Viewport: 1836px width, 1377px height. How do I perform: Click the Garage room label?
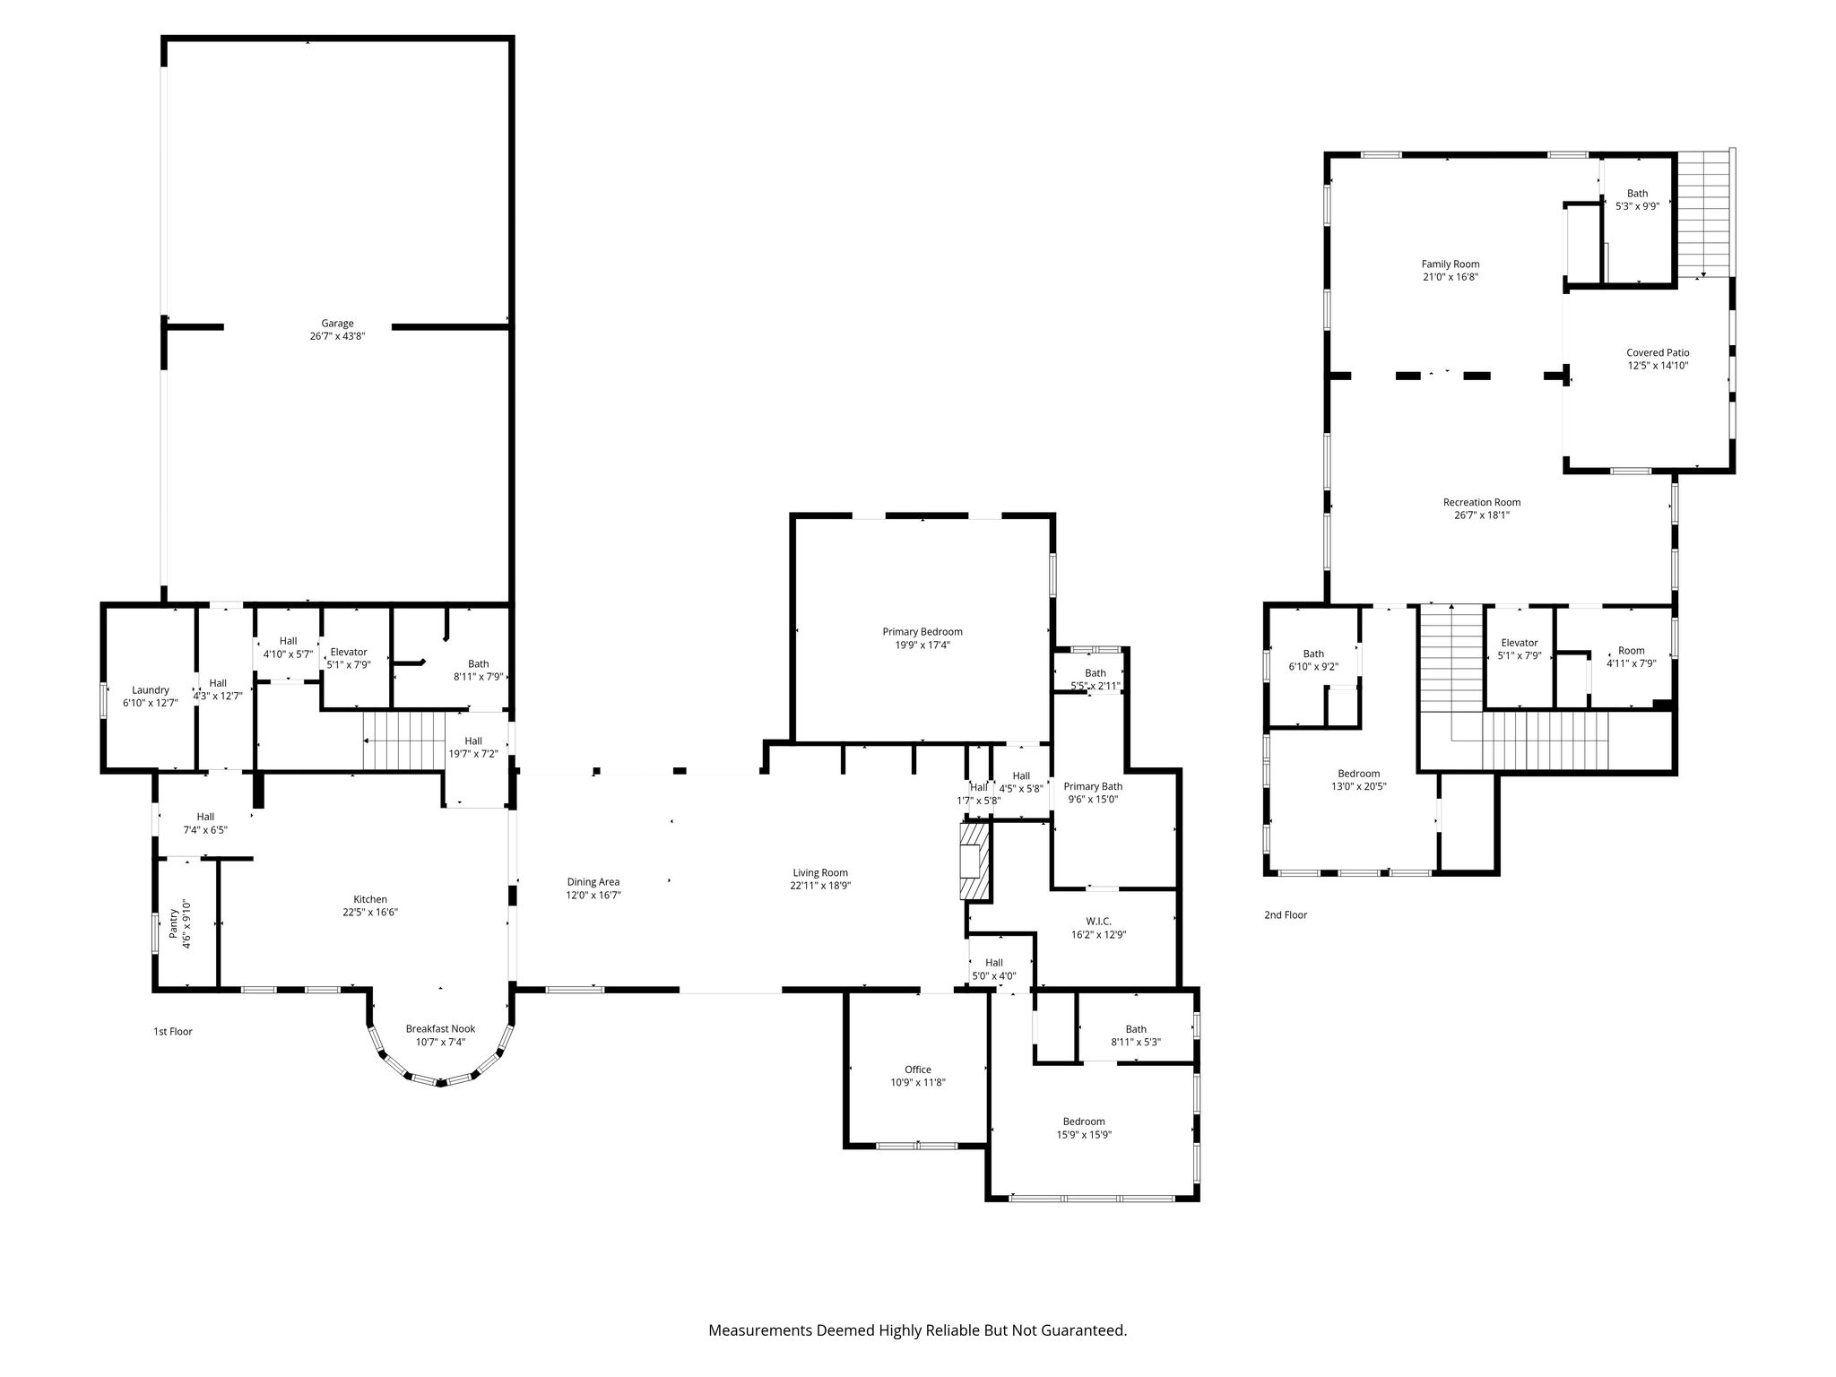(338, 324)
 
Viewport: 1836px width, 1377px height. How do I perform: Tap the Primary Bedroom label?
(922, 632)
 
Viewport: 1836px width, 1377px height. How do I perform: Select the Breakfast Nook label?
(440, 1029)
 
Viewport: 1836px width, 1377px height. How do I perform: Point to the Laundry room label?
(151, 690)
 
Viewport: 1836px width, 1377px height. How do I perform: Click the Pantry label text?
(174, 924)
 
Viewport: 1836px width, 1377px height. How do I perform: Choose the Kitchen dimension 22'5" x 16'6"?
(370, 913)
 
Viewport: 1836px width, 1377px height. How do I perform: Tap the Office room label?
(918, 1070)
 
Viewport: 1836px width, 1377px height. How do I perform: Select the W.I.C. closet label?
(1098, 922)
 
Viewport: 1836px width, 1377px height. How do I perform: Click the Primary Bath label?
(1093, 787)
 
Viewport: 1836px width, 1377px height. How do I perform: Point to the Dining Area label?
(593, 882)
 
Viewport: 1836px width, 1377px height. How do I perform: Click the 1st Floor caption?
(173, 1032)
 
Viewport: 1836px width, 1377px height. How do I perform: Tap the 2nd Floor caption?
(1286, 915)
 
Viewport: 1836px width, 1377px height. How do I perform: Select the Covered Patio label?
(1658, 353)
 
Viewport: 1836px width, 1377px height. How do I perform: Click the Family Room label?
(1451, 264)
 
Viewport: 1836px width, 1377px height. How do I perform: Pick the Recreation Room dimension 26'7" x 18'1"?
(1482, 515)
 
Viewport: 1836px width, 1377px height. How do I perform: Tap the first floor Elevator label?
(349, 653)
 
